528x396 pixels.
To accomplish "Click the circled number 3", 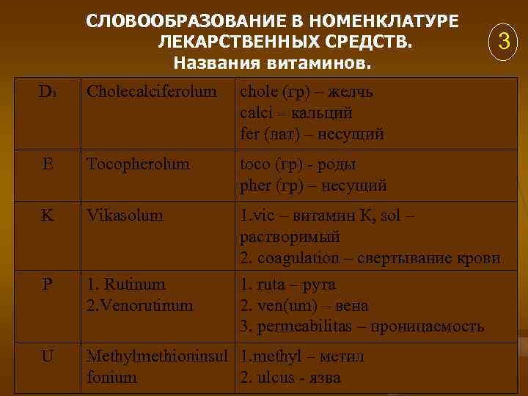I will [x=503, y=42].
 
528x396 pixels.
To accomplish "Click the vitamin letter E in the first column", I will [x=48, y=164].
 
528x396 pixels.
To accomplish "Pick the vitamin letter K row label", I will [x=47, y=216].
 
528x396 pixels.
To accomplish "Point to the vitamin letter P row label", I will [x=47, y=284].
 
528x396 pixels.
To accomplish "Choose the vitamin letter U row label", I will [x=47, y=357].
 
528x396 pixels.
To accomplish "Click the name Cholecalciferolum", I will [x=152, y=92].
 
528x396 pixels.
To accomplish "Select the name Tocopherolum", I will [x=138, y=164].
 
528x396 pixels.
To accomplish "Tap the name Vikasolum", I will [x=125, y=216].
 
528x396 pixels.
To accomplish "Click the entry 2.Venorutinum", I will [x=140, y=305].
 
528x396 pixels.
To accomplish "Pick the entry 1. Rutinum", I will [x=126, y=284].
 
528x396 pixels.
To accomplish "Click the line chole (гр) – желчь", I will [x=311, y=92].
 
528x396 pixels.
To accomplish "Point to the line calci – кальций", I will [x=296, y=114].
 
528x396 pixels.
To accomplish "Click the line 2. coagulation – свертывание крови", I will [x=370, y=258].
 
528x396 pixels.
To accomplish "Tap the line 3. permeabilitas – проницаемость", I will [x=362, y=326].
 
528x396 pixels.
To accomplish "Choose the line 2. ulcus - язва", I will [x=290, y=378].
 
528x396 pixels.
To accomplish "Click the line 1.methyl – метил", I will [x=303, y=357].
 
